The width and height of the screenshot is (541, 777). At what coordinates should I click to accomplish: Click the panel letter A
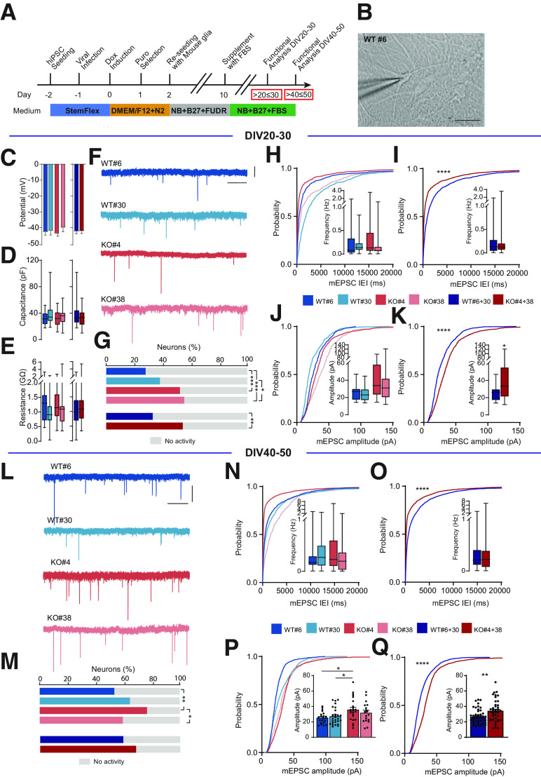(10, 9)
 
